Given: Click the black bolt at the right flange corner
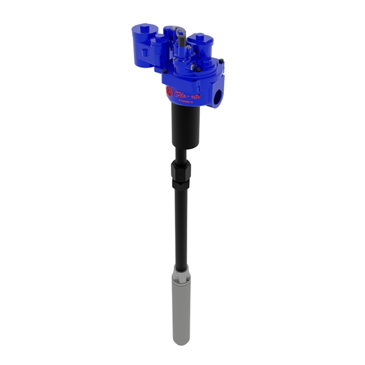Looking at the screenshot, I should point(221,60).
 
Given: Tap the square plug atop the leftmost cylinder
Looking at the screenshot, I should point(145,28).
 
